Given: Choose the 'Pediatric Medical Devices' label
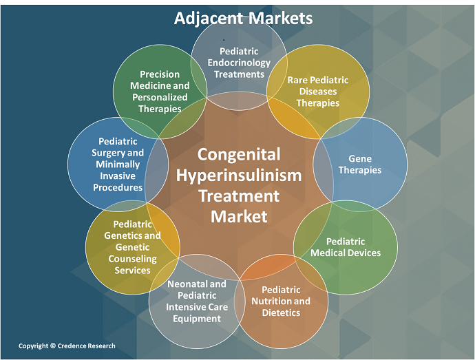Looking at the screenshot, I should click(x=346, y=247).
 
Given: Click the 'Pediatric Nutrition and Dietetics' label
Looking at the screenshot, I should click(x=280, y=301).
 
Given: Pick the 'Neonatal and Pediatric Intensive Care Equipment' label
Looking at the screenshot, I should click(x=197, y=301).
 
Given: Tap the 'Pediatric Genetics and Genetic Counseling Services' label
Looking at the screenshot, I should click(x=132, y=247).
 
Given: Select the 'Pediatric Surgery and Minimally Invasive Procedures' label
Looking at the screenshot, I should click(x=118, y=164).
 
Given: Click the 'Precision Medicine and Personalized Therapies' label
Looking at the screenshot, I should click(x=160, y=92).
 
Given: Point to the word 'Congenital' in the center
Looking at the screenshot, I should click(x=239, y=153).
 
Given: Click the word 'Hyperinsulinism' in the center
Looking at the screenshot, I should click(x=239, y=175).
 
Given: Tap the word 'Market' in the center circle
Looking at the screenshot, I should click(x=239, y=217).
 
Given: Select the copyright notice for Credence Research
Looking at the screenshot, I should click(x=67, y=346).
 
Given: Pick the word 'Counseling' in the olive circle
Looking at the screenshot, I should click(x=132, y=259).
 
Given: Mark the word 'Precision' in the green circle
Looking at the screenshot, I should click(x=160, y=74).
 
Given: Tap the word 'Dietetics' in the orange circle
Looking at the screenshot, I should click(x=280, y=313).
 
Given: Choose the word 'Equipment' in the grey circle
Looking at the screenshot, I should click(x=197, y=318).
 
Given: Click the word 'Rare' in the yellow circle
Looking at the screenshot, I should click(x=297, y=80).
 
